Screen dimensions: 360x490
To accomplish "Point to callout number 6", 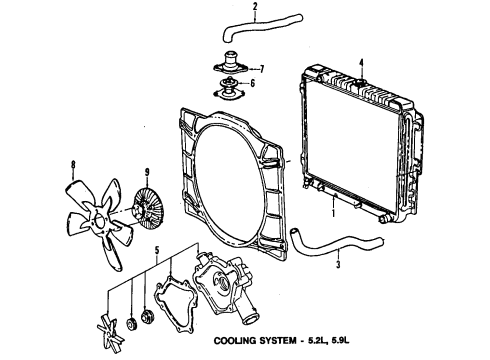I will click(x=253, y=84).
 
